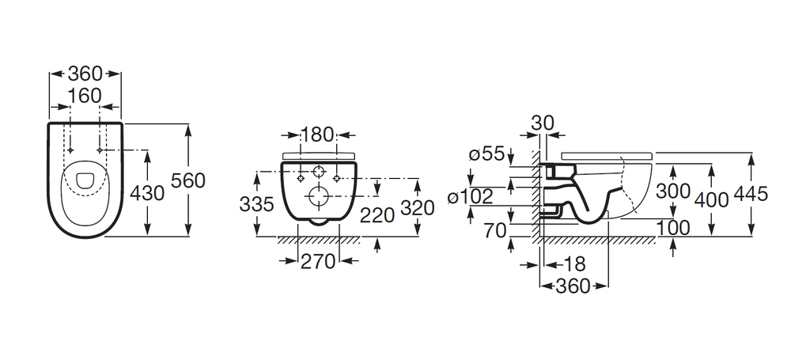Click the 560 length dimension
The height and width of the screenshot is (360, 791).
coord(187,180)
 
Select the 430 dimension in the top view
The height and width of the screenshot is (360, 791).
coord(147,193)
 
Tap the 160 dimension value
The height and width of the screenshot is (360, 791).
coord(85,96)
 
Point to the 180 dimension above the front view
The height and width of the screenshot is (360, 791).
coord(318,135)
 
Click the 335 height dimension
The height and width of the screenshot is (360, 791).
coord(256,204)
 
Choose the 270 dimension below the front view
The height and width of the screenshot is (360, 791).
coord(318,261)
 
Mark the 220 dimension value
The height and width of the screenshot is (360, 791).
coord(377,215)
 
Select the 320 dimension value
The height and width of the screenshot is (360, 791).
coord(417,207)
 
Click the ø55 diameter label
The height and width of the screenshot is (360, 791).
coord(486,154)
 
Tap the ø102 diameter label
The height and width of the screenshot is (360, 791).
coord(470,196)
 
